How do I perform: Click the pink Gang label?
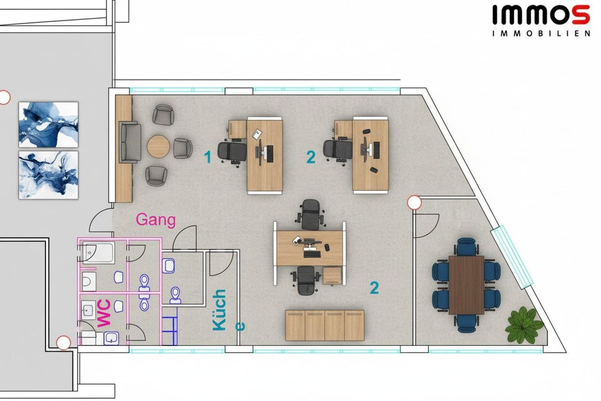point(156,220)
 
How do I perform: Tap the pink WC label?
point(104,314)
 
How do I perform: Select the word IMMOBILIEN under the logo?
point(541,33)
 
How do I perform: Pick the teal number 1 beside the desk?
point(208,157)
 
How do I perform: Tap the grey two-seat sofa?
point(130,142)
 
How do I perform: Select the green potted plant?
point(524,325)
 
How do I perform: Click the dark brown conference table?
point(466,285)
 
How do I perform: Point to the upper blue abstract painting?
point(48,125)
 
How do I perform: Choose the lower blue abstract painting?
point(48,175)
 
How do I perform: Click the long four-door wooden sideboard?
point(324,325)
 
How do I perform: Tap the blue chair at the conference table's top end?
point(467,246)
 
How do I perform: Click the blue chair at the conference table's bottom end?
point(467,323)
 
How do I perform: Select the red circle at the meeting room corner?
point(414,202)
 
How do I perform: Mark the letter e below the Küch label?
point(240,326)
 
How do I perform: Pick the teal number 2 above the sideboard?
point(374,288)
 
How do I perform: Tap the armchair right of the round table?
point(183,148)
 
